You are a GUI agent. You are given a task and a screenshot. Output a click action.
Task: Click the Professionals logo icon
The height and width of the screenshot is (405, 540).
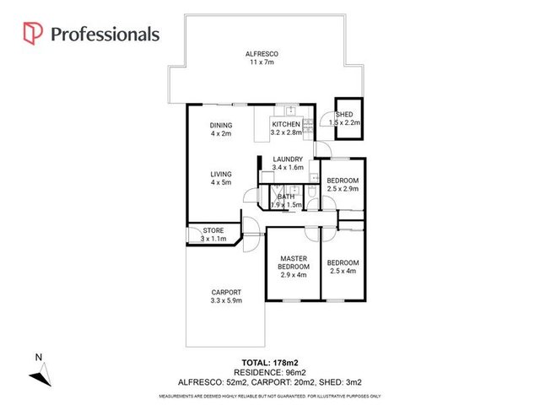[33, 34]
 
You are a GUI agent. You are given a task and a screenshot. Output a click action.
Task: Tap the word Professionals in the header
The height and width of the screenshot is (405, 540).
[105, 34]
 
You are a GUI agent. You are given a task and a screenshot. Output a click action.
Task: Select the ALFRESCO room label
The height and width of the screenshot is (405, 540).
[262, 55]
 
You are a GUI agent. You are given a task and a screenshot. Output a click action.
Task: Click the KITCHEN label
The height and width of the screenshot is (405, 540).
[286, 124]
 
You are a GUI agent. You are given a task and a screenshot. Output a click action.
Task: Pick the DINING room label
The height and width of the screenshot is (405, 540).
[221, 126]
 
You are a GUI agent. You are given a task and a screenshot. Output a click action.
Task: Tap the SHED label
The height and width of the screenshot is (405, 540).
[344, 115]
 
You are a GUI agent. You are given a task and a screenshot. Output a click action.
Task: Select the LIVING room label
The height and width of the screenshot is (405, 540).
[221, 174]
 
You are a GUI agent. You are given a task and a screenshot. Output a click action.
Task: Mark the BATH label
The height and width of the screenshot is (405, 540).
[286, 197]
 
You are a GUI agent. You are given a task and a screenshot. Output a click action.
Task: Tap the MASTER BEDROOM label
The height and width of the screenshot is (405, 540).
[293, 262]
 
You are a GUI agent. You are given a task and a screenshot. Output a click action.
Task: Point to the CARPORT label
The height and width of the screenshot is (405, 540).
[226, 292]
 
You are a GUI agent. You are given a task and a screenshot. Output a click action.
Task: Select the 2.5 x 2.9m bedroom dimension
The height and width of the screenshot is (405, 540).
[343, 190]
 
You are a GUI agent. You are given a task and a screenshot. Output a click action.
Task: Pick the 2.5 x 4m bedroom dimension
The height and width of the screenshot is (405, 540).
[343, 271]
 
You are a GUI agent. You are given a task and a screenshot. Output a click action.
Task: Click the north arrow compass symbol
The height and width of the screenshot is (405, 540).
[45, 369]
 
